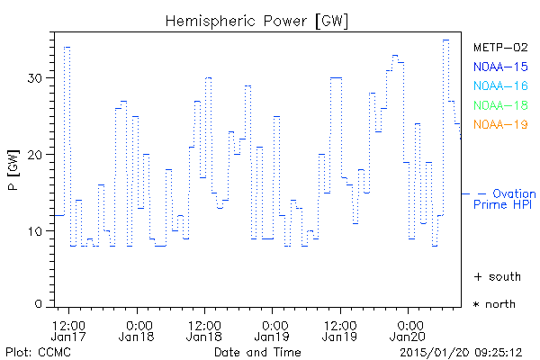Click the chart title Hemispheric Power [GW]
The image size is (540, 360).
click(x=257, y=21)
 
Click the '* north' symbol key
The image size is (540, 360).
click(x=494, y=304)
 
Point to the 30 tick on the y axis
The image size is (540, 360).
click(x=33, y=78)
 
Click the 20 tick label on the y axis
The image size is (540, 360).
click(x=33, y=155)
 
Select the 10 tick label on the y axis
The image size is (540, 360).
click(x=33, y=231)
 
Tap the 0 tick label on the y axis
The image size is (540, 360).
click(x=38, y=303)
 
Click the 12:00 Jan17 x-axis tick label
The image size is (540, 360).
click(x=68, y=330)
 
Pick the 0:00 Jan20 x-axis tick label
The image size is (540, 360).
click(x=409, y=330)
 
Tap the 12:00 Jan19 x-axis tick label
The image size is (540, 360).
click(x=340, y=330)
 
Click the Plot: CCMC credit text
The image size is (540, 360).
click(x=35, y=351)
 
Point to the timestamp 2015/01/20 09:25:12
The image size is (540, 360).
click(x=461, y=351)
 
